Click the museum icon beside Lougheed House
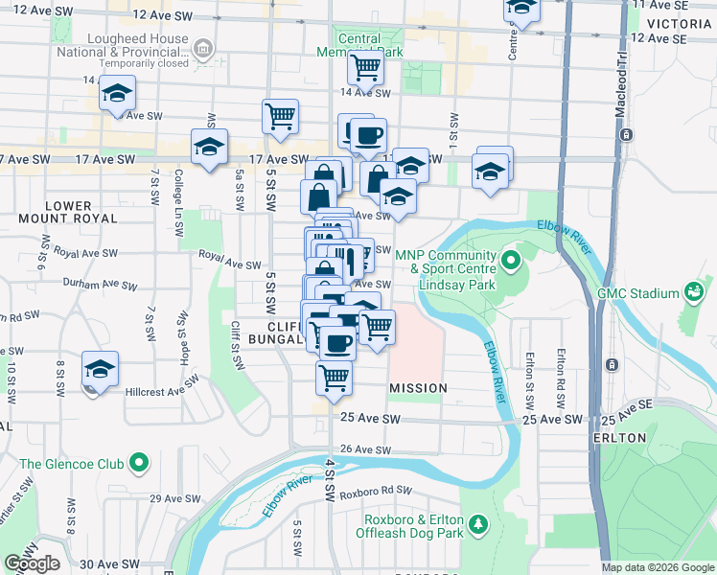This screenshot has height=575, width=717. point(202,48)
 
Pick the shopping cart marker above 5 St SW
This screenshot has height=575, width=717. point(280,116)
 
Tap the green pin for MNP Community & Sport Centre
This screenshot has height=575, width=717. point(511,260)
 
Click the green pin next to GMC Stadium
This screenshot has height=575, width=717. point(693,292)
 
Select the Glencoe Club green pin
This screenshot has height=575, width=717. point(139,464)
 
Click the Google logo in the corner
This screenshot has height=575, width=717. point(32,563)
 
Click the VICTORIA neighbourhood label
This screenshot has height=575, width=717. point(680,22)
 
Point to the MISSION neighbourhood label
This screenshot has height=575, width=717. point(418,388)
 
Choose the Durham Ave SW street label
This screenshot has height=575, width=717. point(92,284)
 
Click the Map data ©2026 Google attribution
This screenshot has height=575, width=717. point(657,567)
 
